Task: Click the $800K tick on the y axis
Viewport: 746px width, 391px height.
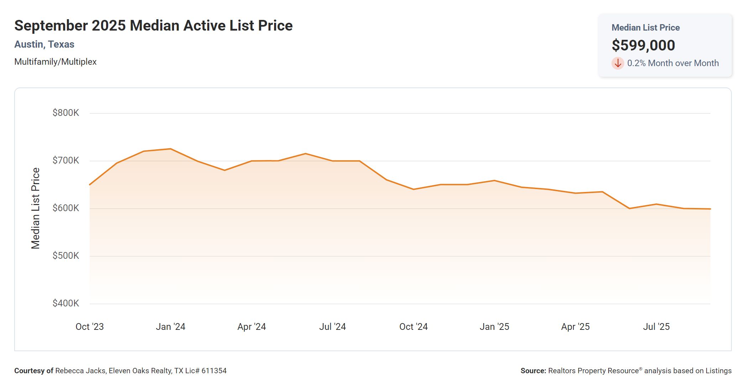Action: coord(66,113)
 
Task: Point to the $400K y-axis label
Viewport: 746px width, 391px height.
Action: coord(66,303)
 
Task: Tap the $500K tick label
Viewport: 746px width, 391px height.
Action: coord(66,256)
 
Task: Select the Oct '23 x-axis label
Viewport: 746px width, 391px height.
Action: coord(90,327)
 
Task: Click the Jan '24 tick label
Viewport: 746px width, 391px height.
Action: coord(170,327)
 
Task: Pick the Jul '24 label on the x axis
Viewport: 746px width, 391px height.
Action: coord(332,327)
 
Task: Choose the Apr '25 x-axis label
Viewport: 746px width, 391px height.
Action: coord(575,327)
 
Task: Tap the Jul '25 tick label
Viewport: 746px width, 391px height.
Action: coord(656,327)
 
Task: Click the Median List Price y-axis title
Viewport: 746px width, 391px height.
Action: coord(36,208)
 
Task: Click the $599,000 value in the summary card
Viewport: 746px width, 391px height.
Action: coord(643,45)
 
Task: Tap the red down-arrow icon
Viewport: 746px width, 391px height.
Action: coord(618,63)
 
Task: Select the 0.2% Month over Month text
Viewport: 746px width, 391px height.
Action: coord(673,63)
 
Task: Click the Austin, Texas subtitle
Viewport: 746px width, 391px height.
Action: coord(44,44)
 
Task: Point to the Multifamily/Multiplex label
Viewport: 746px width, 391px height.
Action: coord(56,62)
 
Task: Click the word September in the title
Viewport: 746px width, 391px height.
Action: coord(51,26)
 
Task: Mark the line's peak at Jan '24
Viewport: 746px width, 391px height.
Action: coord(170,149)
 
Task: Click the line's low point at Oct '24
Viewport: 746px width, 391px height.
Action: coord(414,189)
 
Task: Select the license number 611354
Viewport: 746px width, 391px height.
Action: coord(214,371)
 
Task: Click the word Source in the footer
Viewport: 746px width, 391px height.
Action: coord(533,371)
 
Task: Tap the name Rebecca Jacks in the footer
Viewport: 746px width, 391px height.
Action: coord(80,371)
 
